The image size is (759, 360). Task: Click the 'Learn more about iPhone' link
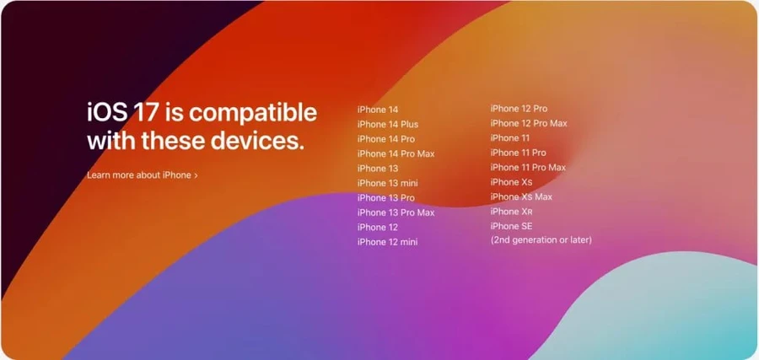tap(139, 175)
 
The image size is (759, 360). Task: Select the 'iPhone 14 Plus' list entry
tap(387, 125)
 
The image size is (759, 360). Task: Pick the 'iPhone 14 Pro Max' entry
tap(396, 153)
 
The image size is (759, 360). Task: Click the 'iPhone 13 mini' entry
tap(387, 183)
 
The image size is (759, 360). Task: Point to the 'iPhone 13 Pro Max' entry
tap(396, 212)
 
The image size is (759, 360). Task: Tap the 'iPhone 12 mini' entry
tap(387, 242)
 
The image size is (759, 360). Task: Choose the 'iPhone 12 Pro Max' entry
tap(529, 123)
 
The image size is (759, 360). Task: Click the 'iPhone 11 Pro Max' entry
tap(528, 167)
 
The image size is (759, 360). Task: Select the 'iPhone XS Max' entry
tap(521, 196)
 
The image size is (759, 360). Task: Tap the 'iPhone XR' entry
tap(511, 212)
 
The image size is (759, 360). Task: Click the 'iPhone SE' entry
tap(511, 226)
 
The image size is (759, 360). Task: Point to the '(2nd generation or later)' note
tap(541, 240)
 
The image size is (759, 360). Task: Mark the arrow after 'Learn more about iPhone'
tap(196, 175)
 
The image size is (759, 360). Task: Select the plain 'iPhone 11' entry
tap(510, 137)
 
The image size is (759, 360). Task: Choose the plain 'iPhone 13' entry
tap(377, 169)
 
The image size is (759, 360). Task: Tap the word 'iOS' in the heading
tap(106, 112)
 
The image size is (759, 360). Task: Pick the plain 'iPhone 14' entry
tap(377, 110)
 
